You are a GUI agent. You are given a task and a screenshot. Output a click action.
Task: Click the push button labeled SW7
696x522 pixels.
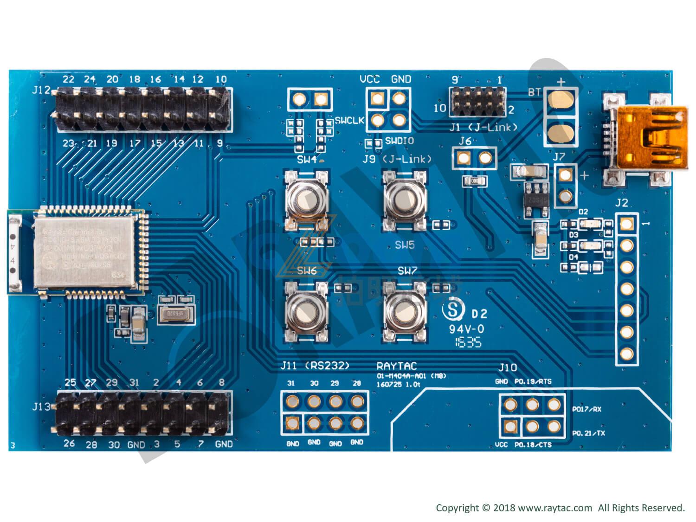(x=405, y=310)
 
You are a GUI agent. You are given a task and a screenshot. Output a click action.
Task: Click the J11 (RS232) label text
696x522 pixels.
(x=315, y=366)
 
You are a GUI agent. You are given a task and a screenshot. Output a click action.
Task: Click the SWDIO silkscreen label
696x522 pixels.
(x=399, y=141)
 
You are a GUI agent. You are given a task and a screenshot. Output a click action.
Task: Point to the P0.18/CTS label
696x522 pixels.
(x=533, y=445)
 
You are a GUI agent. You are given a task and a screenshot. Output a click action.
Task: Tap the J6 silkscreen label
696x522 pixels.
(x=465, y=141)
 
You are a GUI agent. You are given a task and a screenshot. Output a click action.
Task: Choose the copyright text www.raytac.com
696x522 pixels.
(x=555, y=508)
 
